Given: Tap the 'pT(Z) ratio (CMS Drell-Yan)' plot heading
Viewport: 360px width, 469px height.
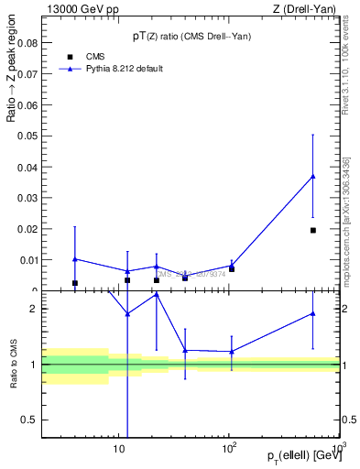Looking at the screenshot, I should pyautogui.click(x=191, y=37).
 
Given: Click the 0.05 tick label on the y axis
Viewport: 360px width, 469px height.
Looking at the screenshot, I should pyautogui.click(x=27, y=136).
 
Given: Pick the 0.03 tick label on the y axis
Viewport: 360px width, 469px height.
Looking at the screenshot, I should pyautogui.click(x=27, y=198).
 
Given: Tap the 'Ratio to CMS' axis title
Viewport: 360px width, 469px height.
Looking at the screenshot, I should pyautogui.click(x=13, y=365).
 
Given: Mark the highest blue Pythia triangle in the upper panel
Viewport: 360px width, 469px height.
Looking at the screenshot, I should pyautogui.click(x=313, y=176).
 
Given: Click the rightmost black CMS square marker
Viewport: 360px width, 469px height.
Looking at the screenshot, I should pyautogui.click(x=313, y=230).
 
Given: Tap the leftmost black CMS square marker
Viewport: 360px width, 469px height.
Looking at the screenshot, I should pyautogui.click(x=75, y=283).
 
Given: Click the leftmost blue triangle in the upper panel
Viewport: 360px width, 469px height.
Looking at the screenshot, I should pyautogui.click(x=75, y=258).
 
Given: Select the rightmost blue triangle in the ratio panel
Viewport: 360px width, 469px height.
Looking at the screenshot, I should pyautogui.click(x=313, y=313).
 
